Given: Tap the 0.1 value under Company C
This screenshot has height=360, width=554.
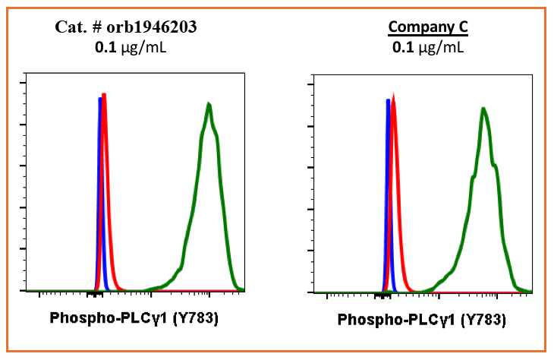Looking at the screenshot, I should pyautogui.click(x=401, y=47).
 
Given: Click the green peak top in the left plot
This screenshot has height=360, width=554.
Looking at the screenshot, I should pyautogui.click(x=208, y=103).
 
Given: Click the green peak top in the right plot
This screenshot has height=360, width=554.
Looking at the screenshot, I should pyautogui.click(x=483, y=109).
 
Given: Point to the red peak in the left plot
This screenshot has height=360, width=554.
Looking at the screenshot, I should pyautogui.click(x=105, y=96).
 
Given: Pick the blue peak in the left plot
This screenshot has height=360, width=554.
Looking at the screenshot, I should pyautogui.click(x=99, y=99).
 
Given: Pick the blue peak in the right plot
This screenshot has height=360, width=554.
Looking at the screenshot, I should pyautogui.click(x=388, y=101).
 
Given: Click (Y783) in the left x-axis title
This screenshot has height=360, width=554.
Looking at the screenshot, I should pyautogui.click(x=193, y=317).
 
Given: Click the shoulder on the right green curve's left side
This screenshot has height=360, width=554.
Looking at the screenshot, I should pyautogui.click(x=472, y=177).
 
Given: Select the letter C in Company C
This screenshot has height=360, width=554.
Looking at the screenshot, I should pyautogui.click(x=462, y=27).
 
